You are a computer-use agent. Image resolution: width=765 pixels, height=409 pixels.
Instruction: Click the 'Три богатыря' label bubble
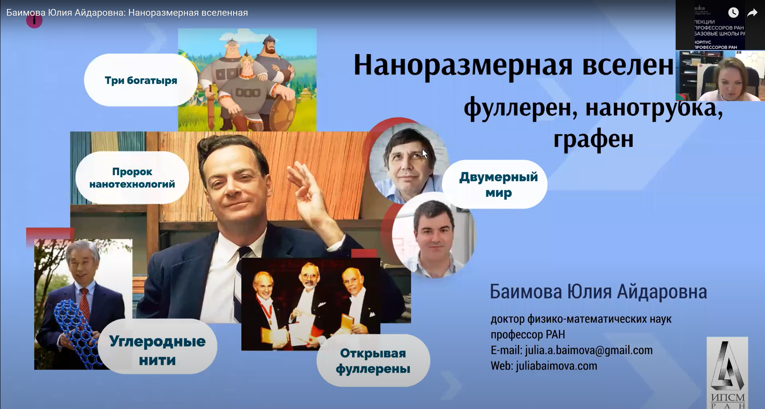tap(141, 80)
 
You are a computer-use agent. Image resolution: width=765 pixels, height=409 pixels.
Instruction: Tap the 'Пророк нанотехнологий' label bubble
tap(132, 178)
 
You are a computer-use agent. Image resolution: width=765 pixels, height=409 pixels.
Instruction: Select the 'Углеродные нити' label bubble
tap(157, 350)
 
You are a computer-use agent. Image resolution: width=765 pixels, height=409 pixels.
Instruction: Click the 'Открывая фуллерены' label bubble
tap(373, 361)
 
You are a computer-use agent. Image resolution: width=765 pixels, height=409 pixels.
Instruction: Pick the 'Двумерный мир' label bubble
tap(498, 184)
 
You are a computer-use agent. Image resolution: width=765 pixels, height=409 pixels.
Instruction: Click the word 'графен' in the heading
tap(593, 139)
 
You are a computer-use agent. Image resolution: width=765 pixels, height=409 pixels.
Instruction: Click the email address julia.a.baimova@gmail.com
tap(589, 350)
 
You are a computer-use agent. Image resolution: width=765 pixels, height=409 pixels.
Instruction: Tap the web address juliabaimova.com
tap(556, 366)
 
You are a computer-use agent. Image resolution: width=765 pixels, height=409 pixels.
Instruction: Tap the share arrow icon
tap(752, 13)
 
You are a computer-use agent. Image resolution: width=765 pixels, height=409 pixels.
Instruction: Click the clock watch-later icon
tap(733, 13)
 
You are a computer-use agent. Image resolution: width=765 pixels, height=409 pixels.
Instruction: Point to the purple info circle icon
tap(34, 21)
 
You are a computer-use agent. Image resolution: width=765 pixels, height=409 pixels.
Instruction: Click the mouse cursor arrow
tap(425, 154)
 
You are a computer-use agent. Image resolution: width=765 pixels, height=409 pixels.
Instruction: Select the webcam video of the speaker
tap(720, 76)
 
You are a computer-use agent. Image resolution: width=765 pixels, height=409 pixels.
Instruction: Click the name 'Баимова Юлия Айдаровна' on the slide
tap(598, 292)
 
